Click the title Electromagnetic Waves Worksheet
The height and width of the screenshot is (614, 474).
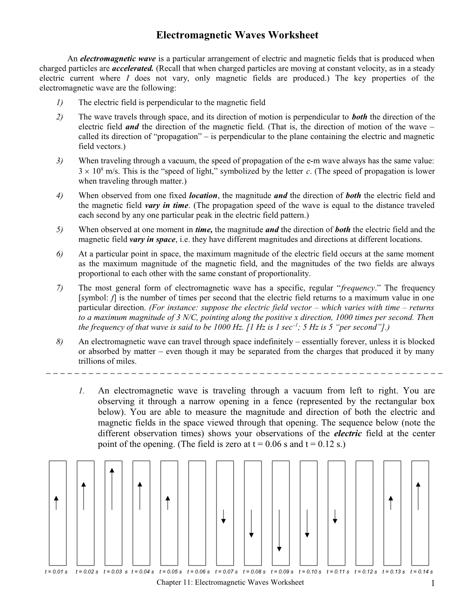[237, 35]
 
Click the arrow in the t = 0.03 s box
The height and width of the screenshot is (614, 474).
[112, 488]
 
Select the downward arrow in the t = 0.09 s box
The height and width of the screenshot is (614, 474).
[279, 530]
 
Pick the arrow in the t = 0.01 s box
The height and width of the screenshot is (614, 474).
[56, 503]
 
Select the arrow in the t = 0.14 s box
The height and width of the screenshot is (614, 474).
[418, 496]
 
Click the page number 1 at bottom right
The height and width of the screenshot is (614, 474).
[432, 584]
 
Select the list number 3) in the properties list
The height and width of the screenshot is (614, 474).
[59, 161]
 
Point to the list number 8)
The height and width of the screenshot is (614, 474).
[59, 341]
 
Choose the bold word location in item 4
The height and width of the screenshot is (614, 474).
[204, 195]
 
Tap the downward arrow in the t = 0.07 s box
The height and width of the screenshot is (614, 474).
[224, 516]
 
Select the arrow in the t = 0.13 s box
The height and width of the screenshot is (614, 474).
[391, 503]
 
